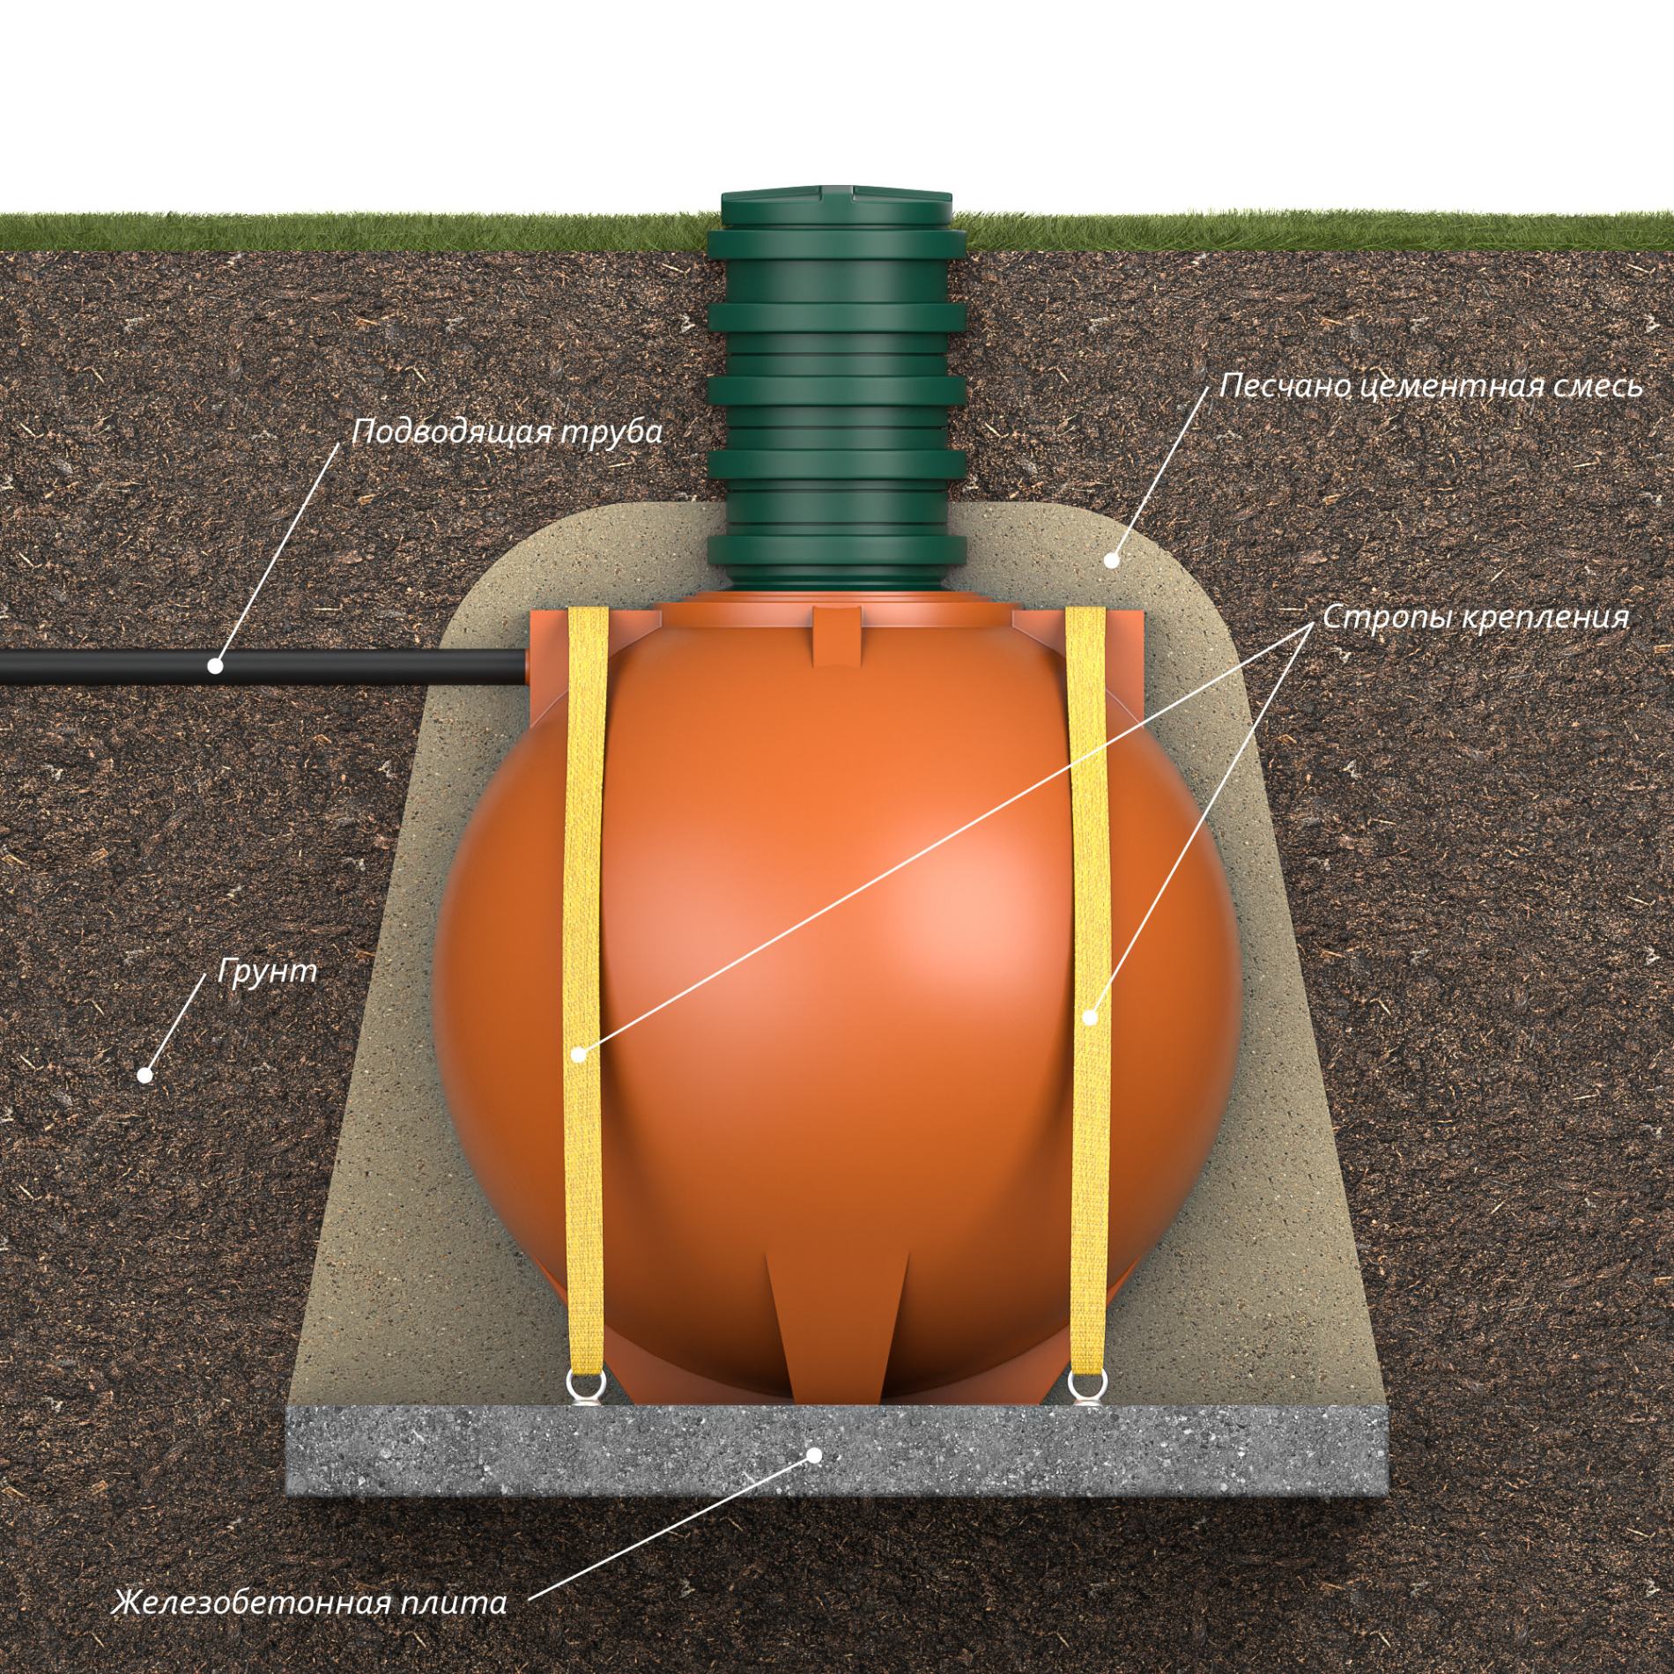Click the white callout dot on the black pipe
[x=216, y=665]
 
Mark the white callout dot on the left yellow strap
[x=578, y=1054]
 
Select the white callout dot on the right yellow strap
[x=1090, y=1018]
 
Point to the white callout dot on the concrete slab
[x=815, y=1455]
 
